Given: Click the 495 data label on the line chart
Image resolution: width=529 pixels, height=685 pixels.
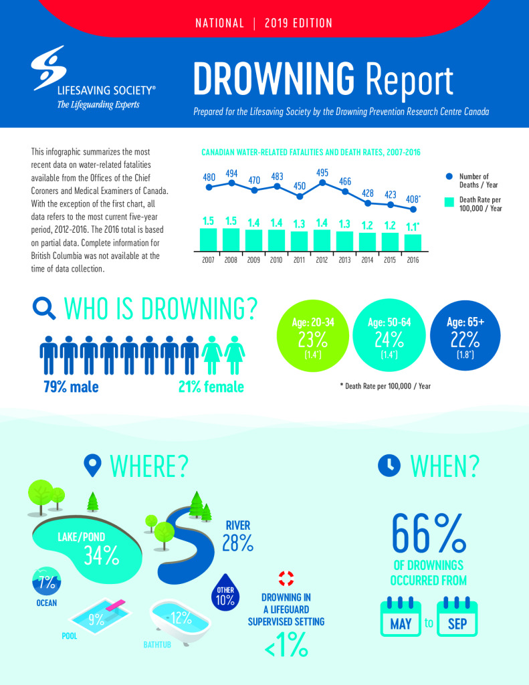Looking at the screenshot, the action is coord(322,173).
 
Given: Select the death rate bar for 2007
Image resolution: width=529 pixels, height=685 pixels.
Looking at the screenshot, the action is coord(208,239).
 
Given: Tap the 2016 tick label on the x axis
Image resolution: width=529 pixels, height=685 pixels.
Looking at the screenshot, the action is coord(413,260).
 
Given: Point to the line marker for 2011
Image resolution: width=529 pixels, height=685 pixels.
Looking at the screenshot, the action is coord(300,196).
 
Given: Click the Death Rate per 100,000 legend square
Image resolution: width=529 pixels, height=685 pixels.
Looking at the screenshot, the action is coord(449,202).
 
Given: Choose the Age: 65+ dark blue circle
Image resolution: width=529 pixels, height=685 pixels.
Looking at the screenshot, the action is coord(465,335).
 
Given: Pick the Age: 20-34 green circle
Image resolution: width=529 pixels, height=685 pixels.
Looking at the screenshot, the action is coord(313,335).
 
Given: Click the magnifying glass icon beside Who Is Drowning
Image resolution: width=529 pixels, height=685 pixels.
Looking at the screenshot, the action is coord(44,308).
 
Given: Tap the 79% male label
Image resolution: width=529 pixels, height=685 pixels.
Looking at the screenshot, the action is coord(71,387).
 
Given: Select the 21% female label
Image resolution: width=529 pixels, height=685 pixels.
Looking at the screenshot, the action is coord(211,387).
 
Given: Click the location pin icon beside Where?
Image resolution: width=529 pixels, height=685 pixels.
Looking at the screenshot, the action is coord(92,466).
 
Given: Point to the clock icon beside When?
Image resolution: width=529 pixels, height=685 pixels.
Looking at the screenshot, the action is coord(389,466).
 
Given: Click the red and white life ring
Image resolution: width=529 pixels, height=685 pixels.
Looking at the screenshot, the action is coord(286,579).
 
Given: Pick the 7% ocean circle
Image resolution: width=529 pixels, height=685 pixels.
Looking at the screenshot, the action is coord(47,581).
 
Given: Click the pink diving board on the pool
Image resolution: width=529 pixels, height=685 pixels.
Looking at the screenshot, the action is coord(116,605).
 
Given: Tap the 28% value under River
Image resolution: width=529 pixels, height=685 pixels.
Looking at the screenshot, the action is coord(237,543).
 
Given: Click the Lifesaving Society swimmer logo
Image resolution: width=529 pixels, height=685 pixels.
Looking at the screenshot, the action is coord(48,68).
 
